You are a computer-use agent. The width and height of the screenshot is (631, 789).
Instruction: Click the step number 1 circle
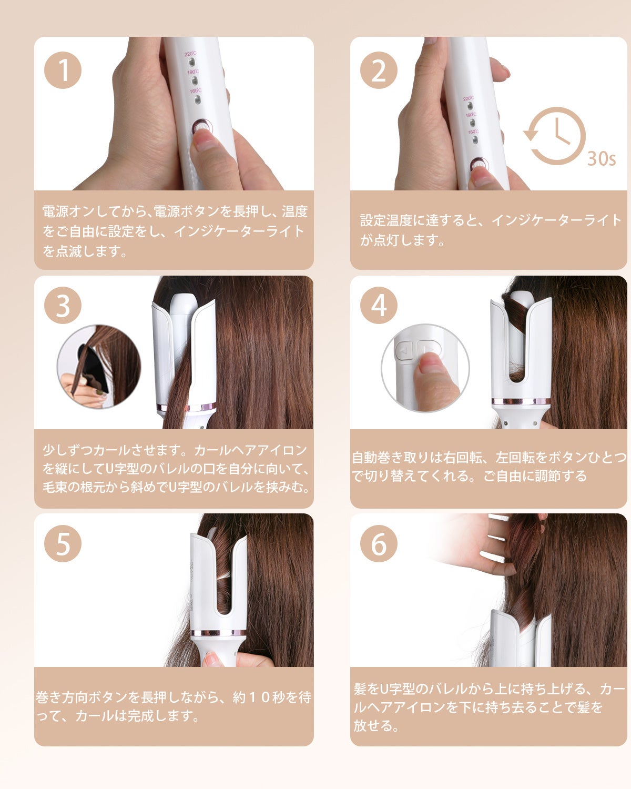(x=63, y=70)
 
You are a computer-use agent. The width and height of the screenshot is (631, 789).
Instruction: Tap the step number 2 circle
(x=379, y=70)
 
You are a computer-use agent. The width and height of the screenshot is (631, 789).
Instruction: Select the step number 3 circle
(x=63, y=305)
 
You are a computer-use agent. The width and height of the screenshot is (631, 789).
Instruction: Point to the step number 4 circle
(x=379, y=305)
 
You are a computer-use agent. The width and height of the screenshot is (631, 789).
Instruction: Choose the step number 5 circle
(x=63, y=543)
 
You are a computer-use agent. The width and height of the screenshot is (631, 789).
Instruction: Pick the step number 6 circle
(x=379, y=543)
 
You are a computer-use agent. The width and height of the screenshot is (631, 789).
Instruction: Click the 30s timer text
(x=602, y=159)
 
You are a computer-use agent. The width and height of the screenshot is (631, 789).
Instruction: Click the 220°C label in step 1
(x=190, y=54)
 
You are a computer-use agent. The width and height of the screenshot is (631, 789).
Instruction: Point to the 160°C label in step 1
(x=196, y=90)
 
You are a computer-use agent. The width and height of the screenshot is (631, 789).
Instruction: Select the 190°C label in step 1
(x=193, y=72)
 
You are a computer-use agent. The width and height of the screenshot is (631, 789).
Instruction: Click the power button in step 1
(x=202, y=128)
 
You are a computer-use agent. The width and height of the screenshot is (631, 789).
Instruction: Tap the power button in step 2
(x=480, y=165)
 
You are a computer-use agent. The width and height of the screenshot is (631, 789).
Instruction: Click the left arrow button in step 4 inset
(x=404, y=351)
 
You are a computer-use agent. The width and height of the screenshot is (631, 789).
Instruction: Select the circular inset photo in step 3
(x=99, y=366)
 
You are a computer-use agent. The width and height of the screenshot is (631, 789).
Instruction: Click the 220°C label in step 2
(x=468, y=98)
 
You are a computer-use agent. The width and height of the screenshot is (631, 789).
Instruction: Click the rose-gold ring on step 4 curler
(x=521, y=401)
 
